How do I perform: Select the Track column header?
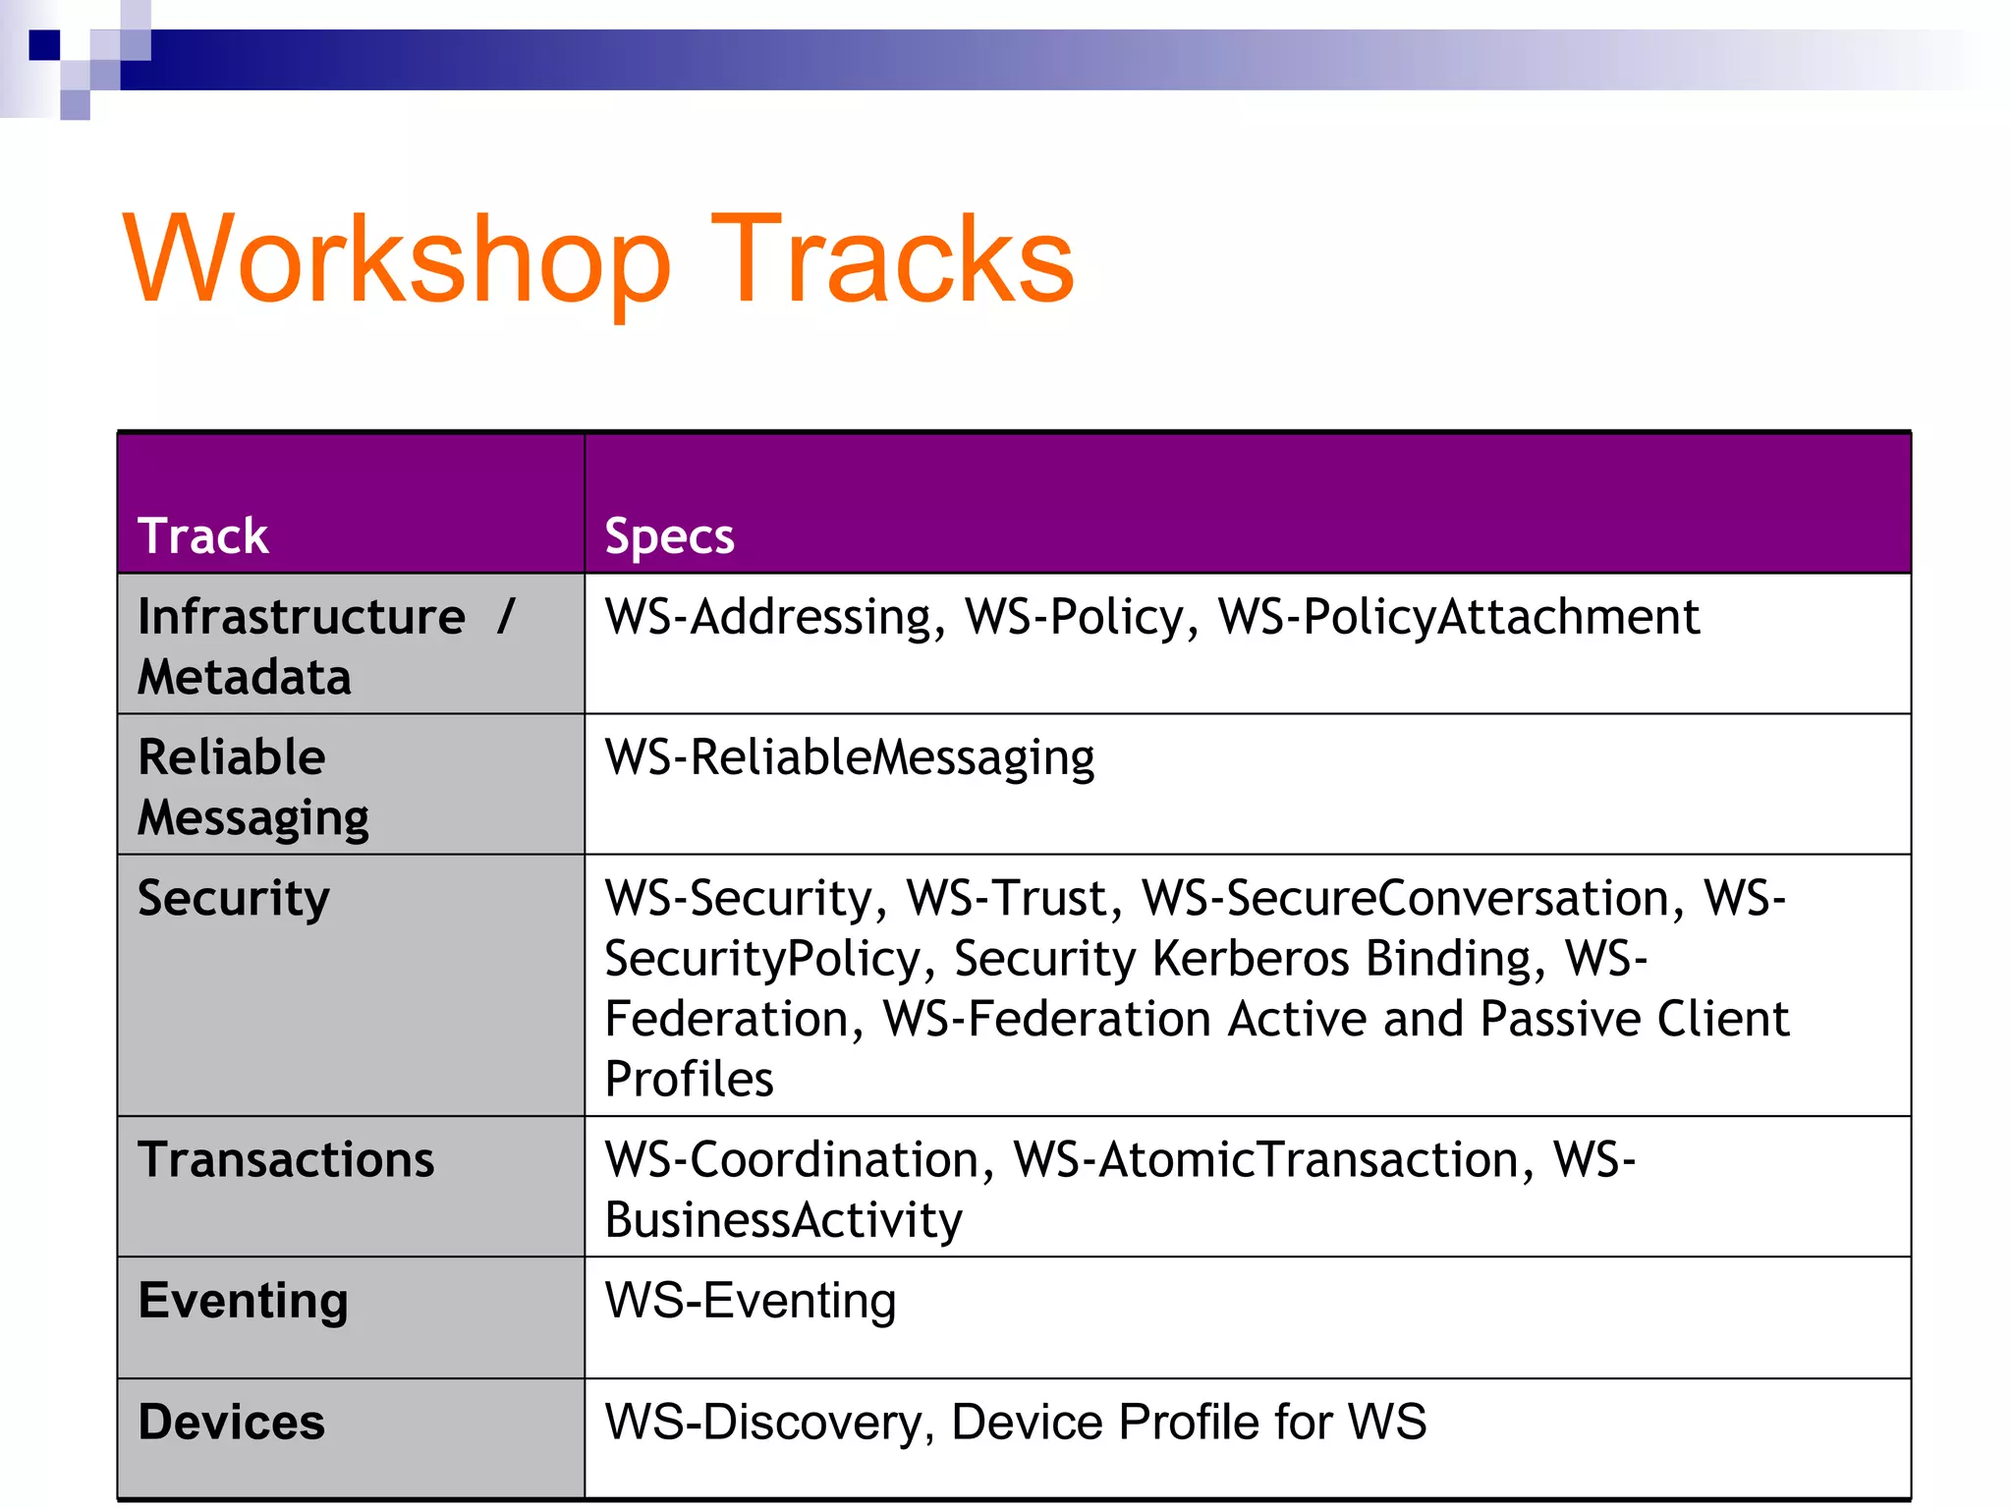click(203, 536)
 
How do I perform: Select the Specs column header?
click(669, 536)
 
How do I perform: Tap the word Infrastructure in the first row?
click(302, 617)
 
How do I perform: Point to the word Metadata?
click(245, 677)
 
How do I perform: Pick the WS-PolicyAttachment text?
click(1459, 618)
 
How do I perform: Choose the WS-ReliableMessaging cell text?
click(850, 758)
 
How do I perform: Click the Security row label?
click(234, 898)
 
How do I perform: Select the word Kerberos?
click(1251, 959)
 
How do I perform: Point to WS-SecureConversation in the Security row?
click(1405, 898)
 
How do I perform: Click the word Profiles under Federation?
click(690, 1079)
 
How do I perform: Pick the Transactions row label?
click(286, 1160)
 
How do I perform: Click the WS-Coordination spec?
click(792, 1160)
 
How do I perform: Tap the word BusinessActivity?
click(784, 1220)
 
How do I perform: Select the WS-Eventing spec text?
click(751, 1301)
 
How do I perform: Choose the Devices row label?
click(232, 1423)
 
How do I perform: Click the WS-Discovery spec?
click(763, 1423)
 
